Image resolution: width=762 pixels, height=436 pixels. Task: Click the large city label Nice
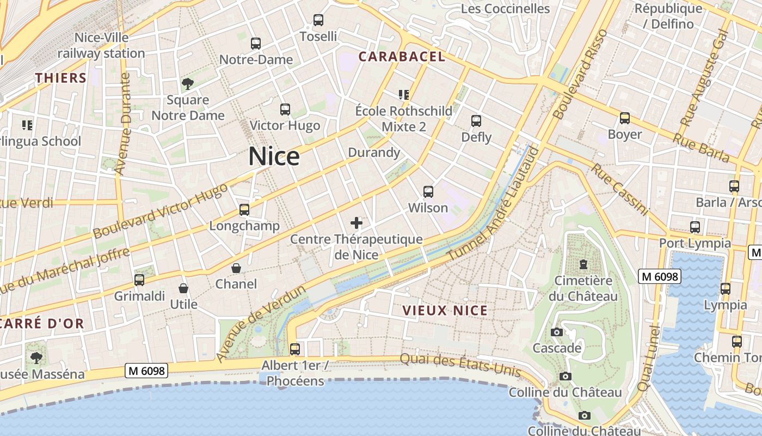(274, 156)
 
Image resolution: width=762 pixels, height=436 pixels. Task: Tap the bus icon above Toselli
(318, 20)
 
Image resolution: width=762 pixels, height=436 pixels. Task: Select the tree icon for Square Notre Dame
(188, 84)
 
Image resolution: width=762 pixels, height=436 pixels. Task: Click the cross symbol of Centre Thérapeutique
(357, 223)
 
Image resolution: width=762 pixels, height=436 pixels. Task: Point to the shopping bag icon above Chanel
(236, 268)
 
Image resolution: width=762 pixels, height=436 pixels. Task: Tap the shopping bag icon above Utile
(183, 288)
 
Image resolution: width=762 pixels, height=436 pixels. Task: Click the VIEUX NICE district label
(445, 311)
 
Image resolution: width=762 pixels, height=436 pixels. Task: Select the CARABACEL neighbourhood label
(402, 56)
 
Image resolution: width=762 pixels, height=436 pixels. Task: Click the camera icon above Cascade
(556, 332)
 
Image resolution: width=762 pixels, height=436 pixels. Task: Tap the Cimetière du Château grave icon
(583, 265)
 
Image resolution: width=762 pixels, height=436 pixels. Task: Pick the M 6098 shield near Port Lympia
(660, 277)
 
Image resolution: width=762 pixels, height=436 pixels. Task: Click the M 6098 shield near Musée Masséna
(146, 371)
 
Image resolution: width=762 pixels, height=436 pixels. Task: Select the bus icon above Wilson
(428, 192)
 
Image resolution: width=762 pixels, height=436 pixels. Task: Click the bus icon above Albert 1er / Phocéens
(295, 349)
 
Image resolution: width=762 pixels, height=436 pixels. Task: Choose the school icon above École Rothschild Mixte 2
(403, 95)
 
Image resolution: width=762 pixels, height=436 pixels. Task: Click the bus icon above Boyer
(625, 118)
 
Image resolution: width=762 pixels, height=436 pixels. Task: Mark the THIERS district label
(61, 78)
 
